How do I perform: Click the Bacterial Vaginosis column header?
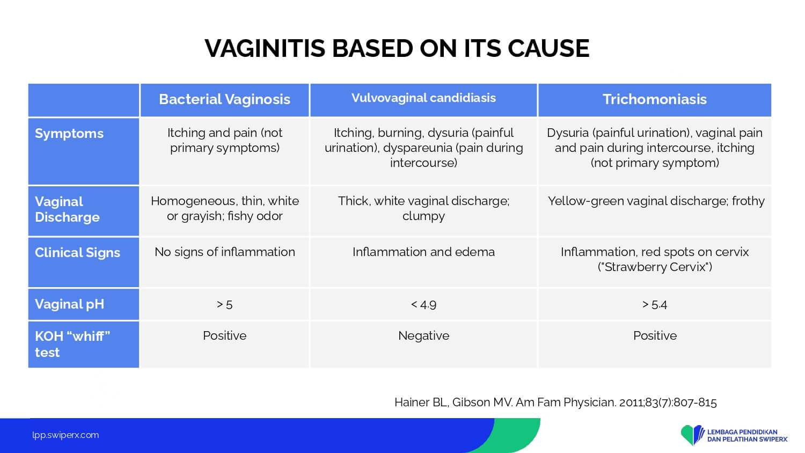coord(225,99)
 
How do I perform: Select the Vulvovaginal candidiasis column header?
coord(424,98)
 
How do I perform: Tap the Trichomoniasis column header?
coord(654,99)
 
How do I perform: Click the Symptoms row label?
coord(69,134)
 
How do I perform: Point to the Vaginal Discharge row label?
coord(67,209)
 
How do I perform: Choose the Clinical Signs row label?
coord(77,252)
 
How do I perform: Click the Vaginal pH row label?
coord(69,304)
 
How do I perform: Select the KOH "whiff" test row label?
coord(72,344)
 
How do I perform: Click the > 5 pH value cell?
coord(225,305)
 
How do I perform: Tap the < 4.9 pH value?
coord(424,305)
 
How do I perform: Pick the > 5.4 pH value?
coord(654,305)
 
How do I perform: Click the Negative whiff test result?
coord(424,336)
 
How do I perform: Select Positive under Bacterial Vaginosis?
coord(225,336)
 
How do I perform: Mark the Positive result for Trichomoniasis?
coord(655,336)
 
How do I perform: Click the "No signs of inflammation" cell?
coord(225,252)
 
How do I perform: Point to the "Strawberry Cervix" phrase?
coord(655,267)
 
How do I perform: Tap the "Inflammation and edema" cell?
coord(424,252)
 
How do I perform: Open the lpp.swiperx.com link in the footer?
coord(65,435)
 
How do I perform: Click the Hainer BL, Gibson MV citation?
coord(555,403)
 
